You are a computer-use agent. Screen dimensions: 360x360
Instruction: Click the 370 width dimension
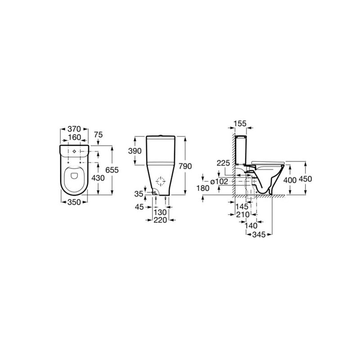[73, 129]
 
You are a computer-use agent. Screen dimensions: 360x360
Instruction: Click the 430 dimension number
[98, 178]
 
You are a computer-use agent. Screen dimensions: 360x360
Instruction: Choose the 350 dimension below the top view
[73, 202]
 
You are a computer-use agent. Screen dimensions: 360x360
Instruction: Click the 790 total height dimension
[185, 166]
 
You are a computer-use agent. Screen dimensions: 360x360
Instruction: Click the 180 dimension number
[204, 188]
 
